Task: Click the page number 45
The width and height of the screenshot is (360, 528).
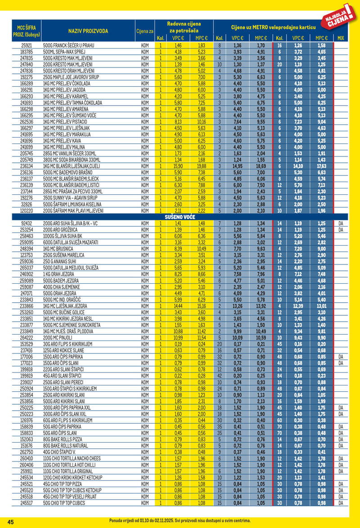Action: click(10, 522)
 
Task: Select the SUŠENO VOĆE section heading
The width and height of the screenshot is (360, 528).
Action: click(179, 216)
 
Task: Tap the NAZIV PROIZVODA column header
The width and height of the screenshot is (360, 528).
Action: click(88, 31)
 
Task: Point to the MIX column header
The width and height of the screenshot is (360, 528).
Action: click(340, 38)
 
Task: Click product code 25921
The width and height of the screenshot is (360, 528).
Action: click(27, 45)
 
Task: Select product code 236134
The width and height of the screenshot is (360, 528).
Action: click(27, 166)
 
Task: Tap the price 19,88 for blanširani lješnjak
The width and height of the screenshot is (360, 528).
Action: click(201, 166)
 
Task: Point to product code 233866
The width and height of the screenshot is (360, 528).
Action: click(27, 306)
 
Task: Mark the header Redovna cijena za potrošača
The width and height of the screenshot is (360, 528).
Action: click(184, 27)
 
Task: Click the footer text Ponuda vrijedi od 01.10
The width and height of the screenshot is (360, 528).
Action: click(135, 520)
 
